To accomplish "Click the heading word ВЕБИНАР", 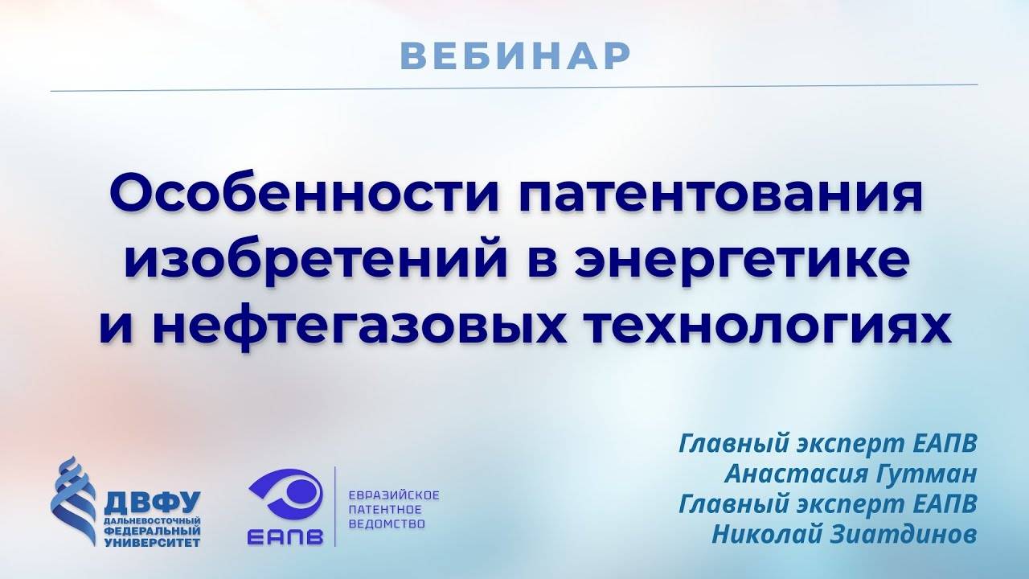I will [x=514, y=55].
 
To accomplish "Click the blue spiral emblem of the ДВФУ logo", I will [x=74, y=499].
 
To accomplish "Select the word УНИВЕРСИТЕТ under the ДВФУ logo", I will [x=152, y=541].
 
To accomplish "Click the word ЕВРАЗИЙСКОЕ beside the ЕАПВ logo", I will [x=393, y=495].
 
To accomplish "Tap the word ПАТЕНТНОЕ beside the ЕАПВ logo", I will [x=385, y=510].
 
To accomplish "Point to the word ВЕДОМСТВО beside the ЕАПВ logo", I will [x=387, y=524].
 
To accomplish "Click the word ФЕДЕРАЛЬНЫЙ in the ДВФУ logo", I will [x=152, y=531].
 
